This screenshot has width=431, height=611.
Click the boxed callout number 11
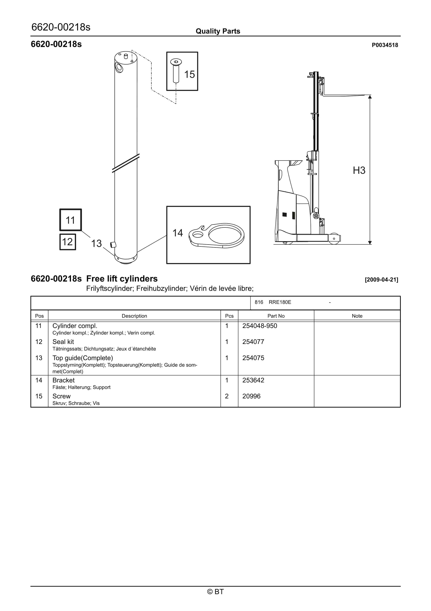(x=70, y=220)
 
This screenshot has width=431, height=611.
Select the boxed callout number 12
(x=68, y=242)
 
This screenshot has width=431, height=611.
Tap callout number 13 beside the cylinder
(x=97, y=243)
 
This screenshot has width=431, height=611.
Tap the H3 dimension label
(x=359, y=170)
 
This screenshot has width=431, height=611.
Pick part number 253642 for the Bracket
(x=253, y=380)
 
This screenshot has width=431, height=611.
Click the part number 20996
(x=251, y=396)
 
